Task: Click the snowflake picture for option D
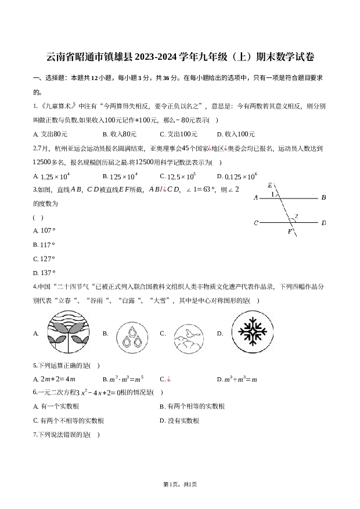point(253,332)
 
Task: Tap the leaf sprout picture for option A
point(68,332)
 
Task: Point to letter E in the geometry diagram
point(270,186)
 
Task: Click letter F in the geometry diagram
point(290,232)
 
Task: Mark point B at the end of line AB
point(323,197)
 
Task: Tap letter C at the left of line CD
point(256,223)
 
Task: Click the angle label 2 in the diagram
point(296,216)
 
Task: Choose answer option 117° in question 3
point(44,245)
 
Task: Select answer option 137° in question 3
point(44,273)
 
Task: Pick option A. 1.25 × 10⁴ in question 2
point(51,176)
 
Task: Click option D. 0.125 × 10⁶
point(237,176)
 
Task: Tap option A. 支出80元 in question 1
point(51,134)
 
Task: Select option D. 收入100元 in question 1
point(236,134)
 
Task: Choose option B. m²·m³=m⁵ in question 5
point(123,379)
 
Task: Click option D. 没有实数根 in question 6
point(179,421)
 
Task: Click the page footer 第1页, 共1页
point(180,485)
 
